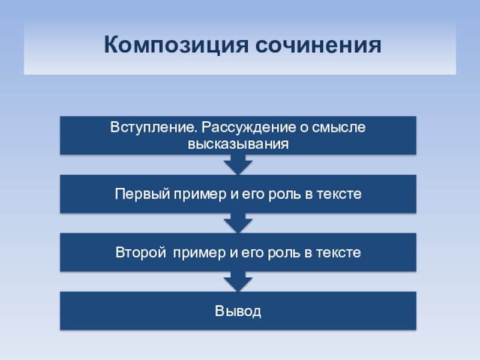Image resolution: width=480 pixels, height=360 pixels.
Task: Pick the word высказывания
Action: click(238, 144)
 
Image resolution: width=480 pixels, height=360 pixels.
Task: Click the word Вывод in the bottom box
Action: click(238, 311)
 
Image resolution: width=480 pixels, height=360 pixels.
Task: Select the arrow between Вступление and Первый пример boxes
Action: click(238, 164)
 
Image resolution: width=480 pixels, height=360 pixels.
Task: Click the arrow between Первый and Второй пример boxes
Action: click(238, 223)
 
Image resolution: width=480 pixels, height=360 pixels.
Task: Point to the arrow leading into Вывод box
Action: click(238, 281)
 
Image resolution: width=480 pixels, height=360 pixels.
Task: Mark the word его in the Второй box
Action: click(251, 253)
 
